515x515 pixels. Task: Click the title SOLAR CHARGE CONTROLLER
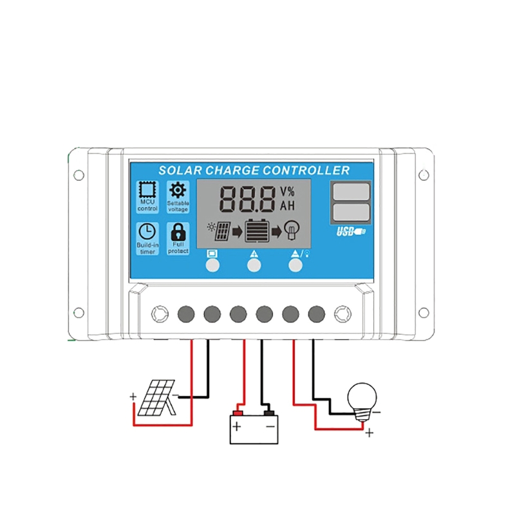pos(254,171)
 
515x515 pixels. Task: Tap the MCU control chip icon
pos(147,190)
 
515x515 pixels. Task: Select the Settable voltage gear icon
pos(178,190)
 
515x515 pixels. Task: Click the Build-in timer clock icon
pos(147,231)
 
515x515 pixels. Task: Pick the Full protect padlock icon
pos(178,231)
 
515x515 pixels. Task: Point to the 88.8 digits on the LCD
pos(247,199)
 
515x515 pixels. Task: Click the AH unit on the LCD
pos(287,206)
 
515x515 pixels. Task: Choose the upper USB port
pos(351,191)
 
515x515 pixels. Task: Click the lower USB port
pos(351,212)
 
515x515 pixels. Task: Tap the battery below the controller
pos(254,429)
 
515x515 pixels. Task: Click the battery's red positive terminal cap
pos(238,412)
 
